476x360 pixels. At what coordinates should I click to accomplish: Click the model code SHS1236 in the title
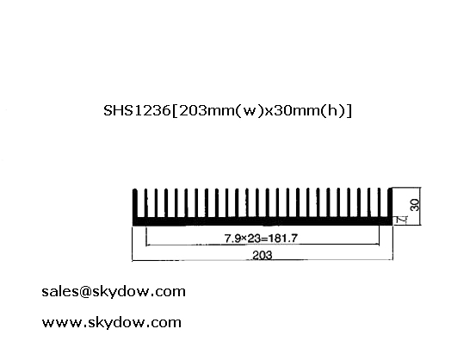pyautogui.click(x=137, y=110)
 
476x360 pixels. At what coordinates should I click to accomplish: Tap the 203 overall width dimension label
pyautogui.click(x=263, y=255)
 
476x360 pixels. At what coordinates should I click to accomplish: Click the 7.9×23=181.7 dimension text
pyautogui.click(x=261, y=239)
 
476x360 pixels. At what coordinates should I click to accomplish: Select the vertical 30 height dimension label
pyautogui.click(x=415, y=205)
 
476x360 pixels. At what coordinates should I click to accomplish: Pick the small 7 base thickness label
pyautogui.click(x=402, y=220)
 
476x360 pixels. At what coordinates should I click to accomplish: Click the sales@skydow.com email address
pyautogui.click(x=114, y=292)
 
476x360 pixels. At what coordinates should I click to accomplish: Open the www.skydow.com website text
pyautogui.click(x=111, y=322)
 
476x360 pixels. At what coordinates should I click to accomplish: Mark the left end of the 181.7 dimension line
pyautogui.click(x=146, y=245)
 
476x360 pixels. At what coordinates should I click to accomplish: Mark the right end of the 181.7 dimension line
pyautogui.click(x=379, y=244)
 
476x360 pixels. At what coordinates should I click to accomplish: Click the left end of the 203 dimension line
pyautogui.click(x=133, y=260)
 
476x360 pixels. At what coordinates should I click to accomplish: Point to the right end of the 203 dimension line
pyautogui.click(x=393, y=259)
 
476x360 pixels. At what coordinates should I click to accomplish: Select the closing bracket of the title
pyautogui.click(x=349, y=110)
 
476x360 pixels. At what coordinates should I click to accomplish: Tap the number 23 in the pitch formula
pyautogui.click(x=255, y=239)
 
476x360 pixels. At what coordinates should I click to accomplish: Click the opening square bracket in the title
pyautogui.click(x=175, y=110)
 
